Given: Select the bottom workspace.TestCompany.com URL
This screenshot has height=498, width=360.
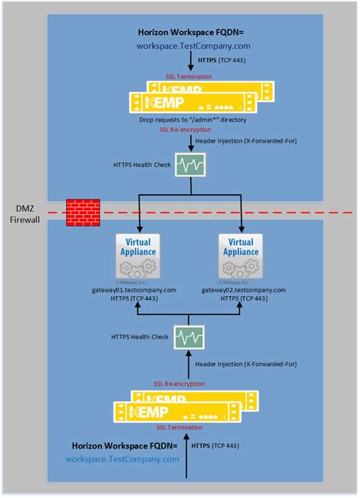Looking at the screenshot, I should click(122, 459).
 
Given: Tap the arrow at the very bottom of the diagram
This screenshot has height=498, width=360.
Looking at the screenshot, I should click(186, 474).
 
